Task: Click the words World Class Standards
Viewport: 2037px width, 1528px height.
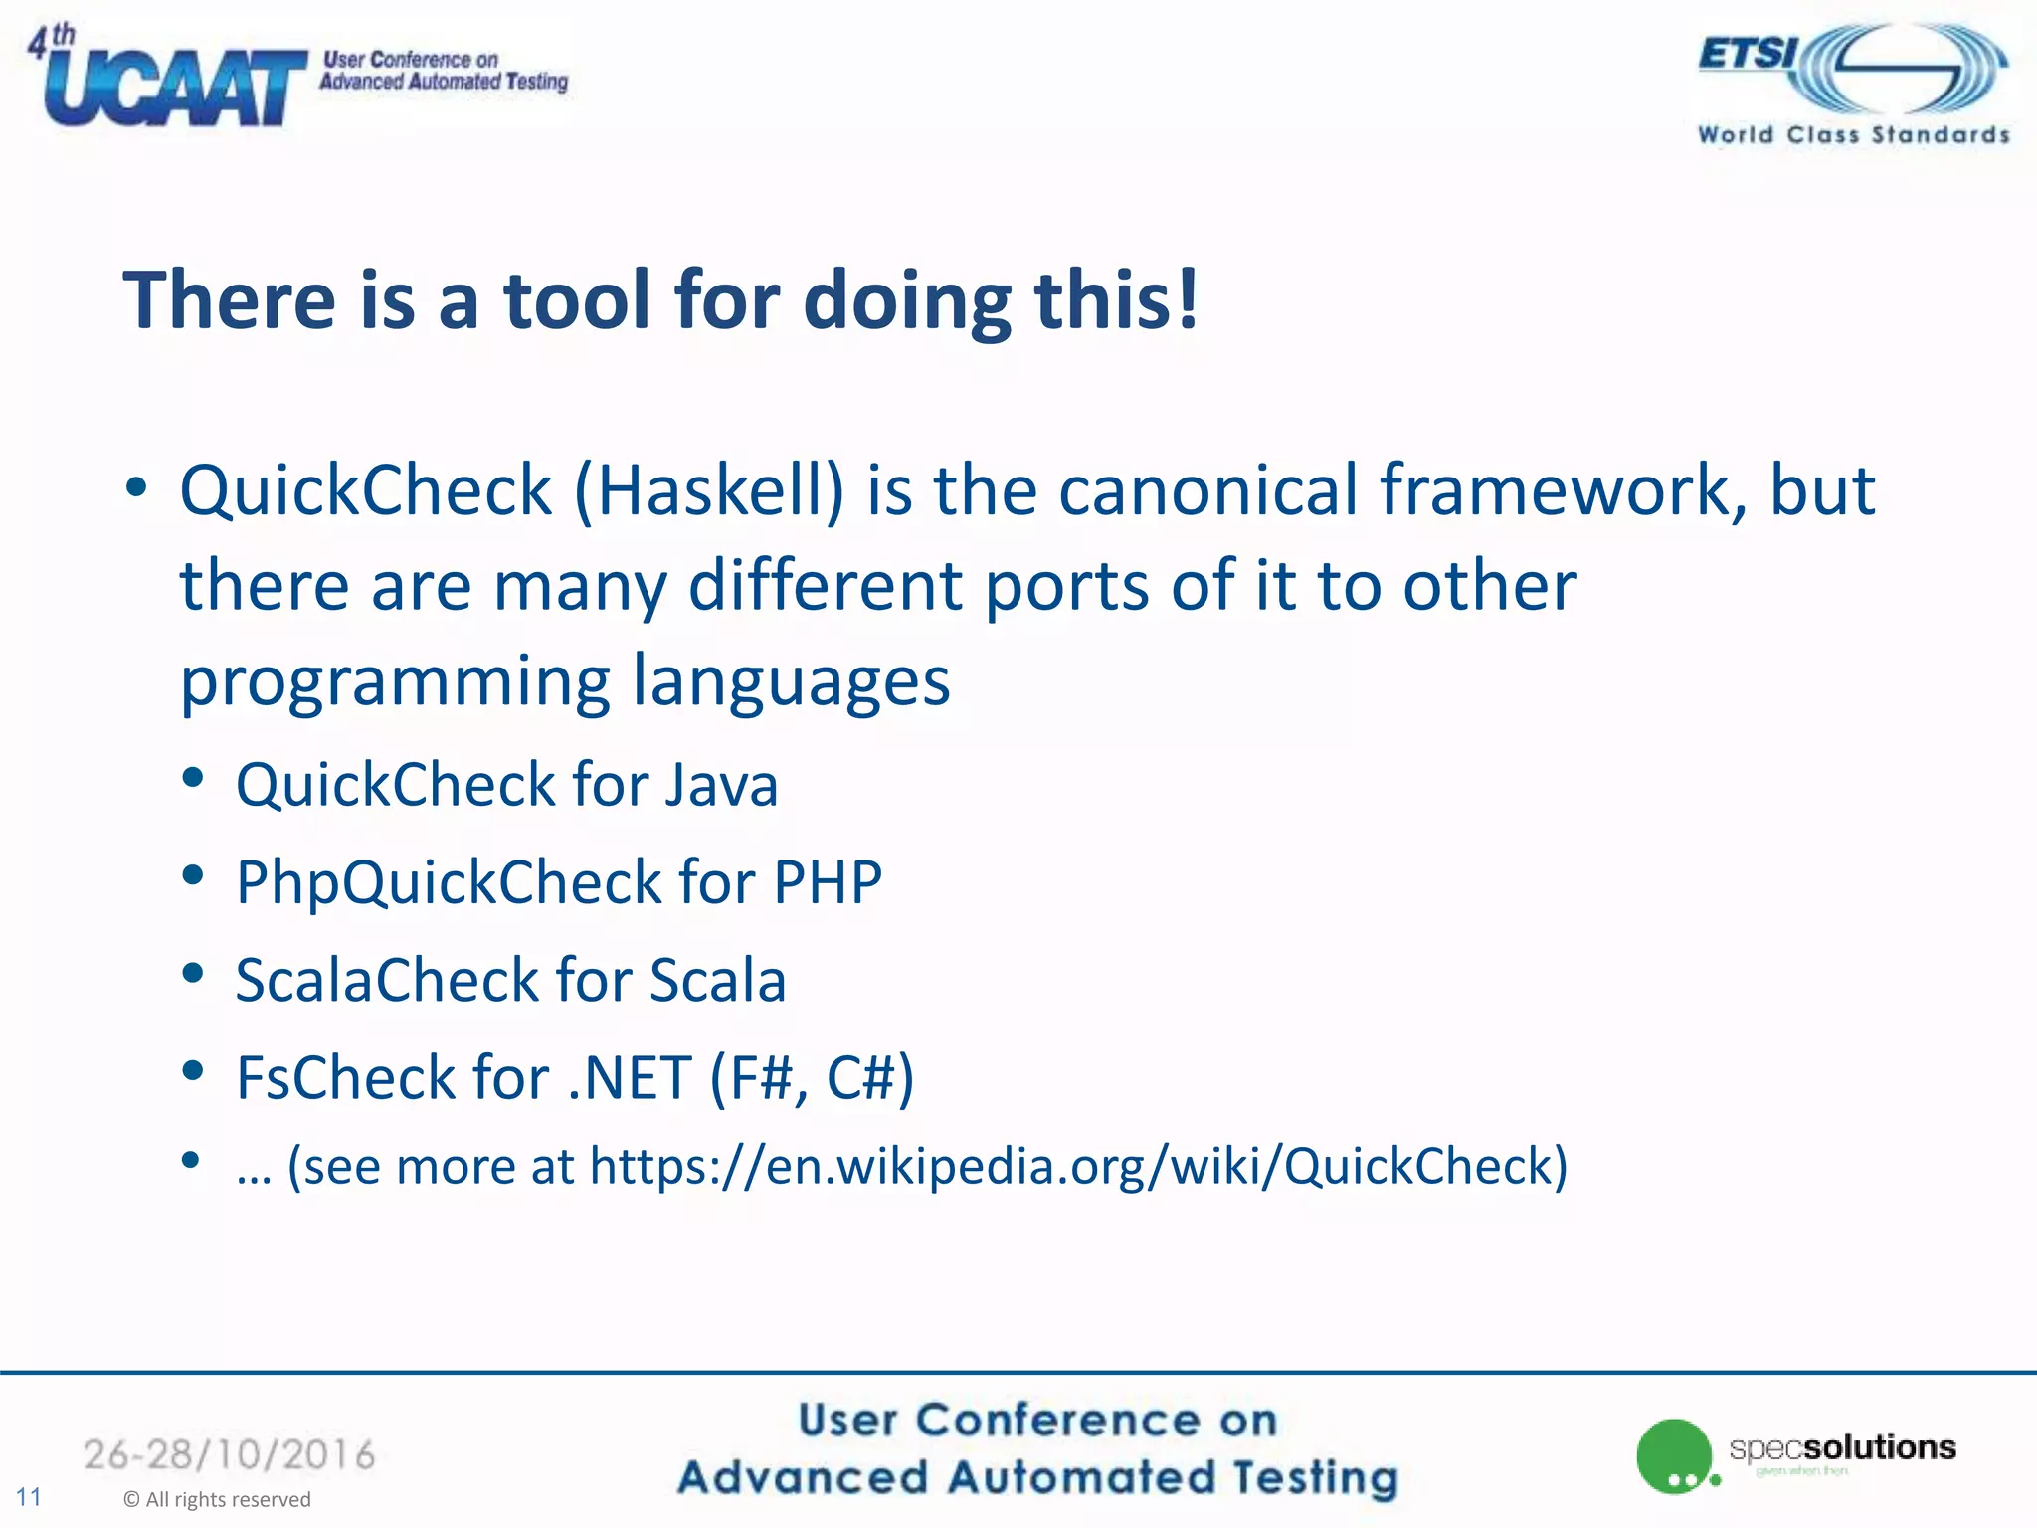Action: (1853, 135)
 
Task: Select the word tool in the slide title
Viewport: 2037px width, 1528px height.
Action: (578, 299)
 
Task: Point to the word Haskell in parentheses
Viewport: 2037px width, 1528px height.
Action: (710, 490)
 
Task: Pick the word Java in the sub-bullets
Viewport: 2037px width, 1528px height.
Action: (722, 785)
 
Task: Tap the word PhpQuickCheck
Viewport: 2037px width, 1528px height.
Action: (449, 882)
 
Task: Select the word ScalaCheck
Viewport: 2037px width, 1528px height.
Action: (386, 980)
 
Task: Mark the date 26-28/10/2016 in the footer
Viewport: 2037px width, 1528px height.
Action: (229, 1454)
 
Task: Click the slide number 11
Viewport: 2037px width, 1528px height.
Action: (29, 1497)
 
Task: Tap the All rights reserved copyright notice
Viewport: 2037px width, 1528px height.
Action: (217, 1499)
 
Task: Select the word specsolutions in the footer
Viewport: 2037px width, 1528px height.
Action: (1842, 1447)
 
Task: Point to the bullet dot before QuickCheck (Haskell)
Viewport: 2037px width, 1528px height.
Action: (136, 487)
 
